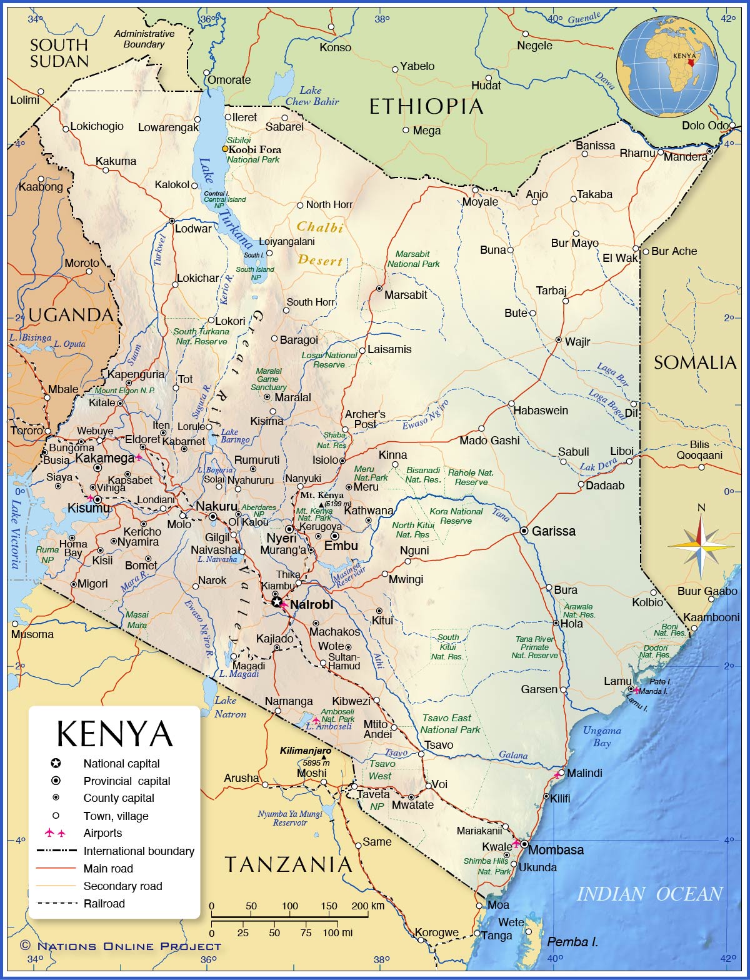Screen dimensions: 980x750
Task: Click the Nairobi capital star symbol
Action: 277,602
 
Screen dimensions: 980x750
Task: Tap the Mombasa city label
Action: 556,850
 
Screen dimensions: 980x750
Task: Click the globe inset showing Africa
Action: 667,67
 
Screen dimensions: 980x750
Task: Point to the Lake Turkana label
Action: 225,203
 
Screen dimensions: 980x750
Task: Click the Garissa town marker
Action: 524,531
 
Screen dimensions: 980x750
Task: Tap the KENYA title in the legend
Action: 114,734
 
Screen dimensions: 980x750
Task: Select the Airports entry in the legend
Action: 102,833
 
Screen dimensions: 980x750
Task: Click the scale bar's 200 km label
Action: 367,906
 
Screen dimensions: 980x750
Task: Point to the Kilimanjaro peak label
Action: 305,750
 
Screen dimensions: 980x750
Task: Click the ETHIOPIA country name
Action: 426,107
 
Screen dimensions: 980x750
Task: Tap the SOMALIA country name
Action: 695,362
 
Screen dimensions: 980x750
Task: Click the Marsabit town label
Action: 406,295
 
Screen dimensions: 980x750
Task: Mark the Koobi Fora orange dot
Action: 225,149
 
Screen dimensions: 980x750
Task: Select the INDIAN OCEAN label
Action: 649,894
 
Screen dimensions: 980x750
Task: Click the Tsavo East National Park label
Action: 450,724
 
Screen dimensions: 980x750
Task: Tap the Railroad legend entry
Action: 104,904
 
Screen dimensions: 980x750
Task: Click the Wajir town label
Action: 577,342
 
